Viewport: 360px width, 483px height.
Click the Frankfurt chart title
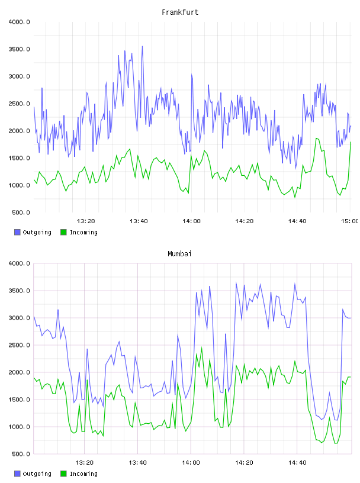tap(180, 12)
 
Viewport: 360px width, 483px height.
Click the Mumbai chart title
tap(179, 254)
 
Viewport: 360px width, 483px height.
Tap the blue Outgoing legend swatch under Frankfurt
tap(17, 232)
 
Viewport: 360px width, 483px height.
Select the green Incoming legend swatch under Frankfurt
tap(63, 232)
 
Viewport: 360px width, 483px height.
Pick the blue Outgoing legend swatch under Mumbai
tap(17, 474)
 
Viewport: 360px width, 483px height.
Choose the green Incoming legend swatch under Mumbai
tap(63, 474)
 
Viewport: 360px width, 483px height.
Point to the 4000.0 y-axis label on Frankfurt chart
tap(19, 22)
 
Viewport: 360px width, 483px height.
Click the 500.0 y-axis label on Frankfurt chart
tap(21, 212)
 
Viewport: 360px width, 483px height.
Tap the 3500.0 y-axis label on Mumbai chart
tap(19, 291)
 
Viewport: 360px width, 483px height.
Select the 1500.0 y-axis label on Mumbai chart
tap(19, 400)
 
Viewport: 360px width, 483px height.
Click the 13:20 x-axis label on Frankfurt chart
tap(86, 221)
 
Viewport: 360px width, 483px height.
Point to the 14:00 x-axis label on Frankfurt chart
tap(191, 221)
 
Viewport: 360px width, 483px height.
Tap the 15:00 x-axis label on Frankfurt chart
tap(350, 221)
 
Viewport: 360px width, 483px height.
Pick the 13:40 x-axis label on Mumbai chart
tap(137, 463)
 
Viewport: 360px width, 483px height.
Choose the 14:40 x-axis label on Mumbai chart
tap(297, 463)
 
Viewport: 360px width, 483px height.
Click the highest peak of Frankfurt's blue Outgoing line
tap(142, 46)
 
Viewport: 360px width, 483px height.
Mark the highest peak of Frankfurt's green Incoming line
tap(316, 139)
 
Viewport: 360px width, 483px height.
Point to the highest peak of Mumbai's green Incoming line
tap(202, 348)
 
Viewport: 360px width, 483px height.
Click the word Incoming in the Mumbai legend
tap(83, 474)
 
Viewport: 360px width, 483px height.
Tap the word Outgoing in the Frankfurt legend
tap(37, 233)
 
